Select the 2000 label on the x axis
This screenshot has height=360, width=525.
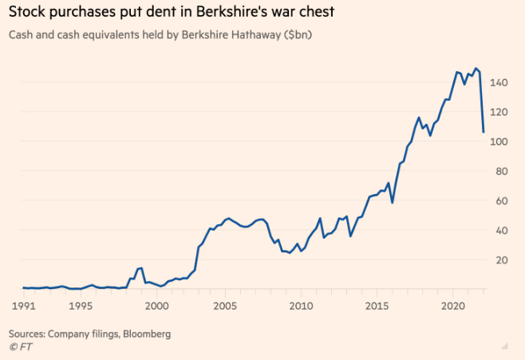pos(156,305)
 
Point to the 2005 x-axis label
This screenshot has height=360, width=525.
pos(227,305)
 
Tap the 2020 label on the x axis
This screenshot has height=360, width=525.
pos(452,305)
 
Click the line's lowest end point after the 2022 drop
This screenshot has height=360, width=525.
pos(484,132)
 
